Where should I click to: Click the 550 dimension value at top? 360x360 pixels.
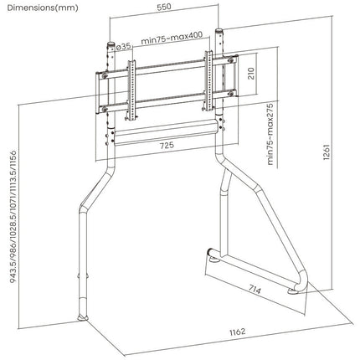[x=164, y=7]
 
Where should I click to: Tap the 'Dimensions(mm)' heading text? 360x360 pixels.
[x=43, y=8]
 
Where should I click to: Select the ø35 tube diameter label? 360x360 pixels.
[x=123, y=47]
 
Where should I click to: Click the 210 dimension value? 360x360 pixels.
[x=251, y=74]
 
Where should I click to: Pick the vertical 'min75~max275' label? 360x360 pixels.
[x=270, y=134]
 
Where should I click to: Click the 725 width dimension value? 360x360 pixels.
[x=167, y=145]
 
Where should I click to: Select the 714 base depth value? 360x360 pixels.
[x=255, y=290]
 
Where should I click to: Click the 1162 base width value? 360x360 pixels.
[x=238, y=332]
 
